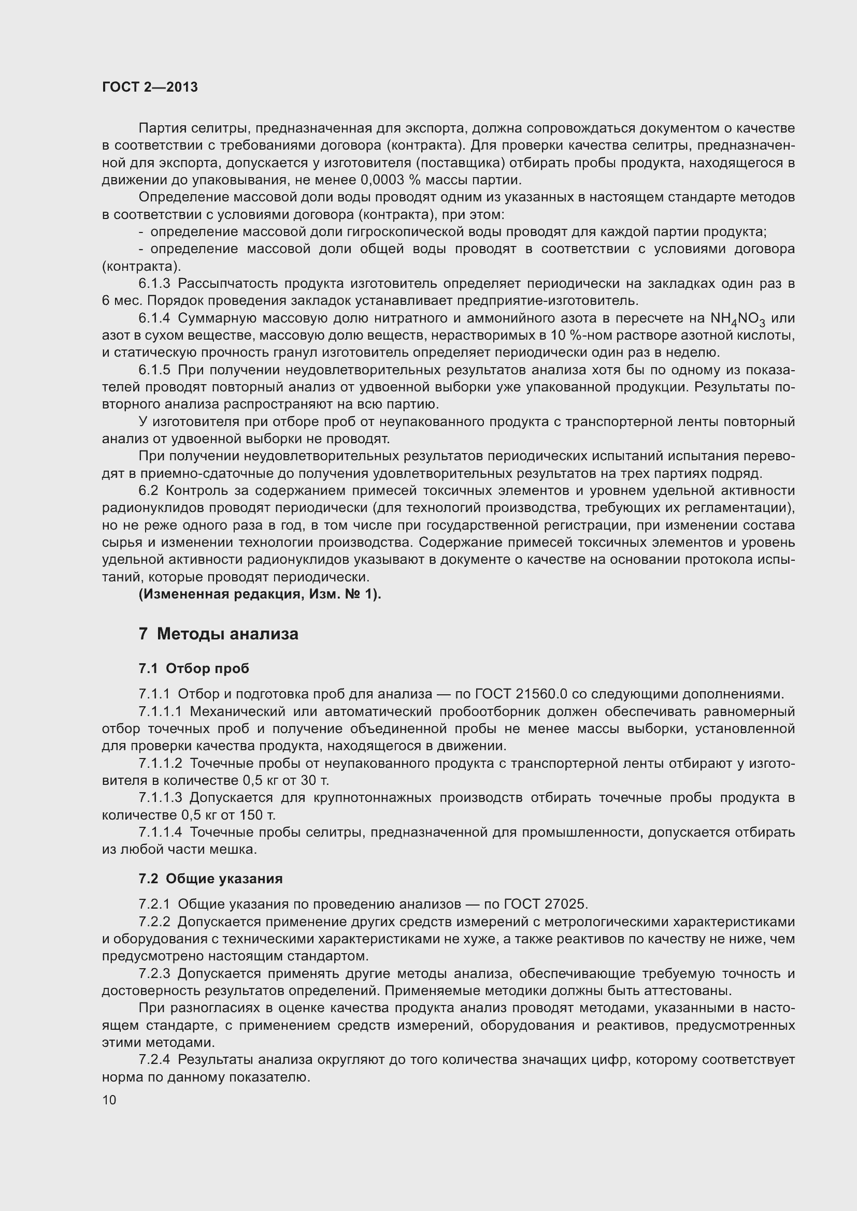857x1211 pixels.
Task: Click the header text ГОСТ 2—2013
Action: (150, 87)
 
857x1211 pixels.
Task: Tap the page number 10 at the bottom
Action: (109, 1100)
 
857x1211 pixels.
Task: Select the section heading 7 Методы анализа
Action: (219, 634)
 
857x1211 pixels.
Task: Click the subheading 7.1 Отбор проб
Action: (194, 669)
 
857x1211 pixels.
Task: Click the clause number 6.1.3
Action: (154, 284)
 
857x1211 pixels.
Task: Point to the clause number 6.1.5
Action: (154, 370)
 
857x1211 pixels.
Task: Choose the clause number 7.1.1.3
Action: (161, 797)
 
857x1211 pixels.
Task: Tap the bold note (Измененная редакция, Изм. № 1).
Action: (260, 594)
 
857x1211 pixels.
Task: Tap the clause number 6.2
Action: (148, 490)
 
